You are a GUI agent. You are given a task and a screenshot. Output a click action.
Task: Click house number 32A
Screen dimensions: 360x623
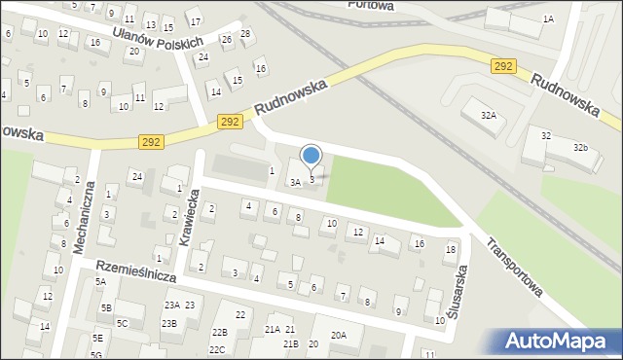click(x=489, y=115)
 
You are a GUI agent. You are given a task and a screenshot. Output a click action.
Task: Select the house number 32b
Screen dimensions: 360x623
click(x=581, y=147)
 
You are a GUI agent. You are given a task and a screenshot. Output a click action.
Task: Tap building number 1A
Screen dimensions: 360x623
click(x=548, y=18)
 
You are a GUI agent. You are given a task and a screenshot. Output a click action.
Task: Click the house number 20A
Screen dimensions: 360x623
click(x=338, y=335)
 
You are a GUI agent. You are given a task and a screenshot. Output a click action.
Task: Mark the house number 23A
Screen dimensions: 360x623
click(x=171, y=306)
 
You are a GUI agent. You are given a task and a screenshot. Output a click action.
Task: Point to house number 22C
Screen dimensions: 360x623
click(x=217, y=349)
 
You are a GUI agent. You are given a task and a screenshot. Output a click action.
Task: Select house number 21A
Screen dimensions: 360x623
click(x=272, y=330)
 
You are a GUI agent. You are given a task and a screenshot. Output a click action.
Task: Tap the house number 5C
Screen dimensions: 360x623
click(x=123, y=323)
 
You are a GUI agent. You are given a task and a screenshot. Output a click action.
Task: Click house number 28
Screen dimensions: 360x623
click(x=245, y=34)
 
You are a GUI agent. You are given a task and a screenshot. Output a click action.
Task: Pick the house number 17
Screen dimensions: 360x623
click(x=195, y=20)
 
